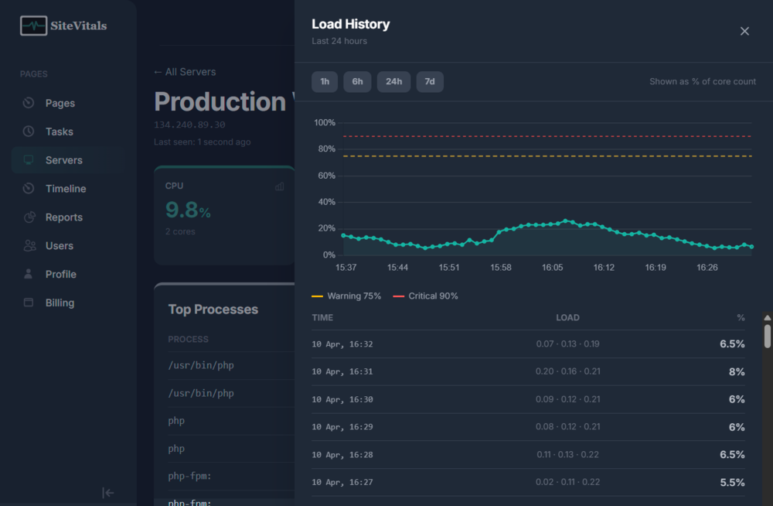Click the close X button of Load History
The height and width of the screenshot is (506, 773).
click(744, 31)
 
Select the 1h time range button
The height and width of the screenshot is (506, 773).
click(325, 82)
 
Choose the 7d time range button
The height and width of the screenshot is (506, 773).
click(430, 82)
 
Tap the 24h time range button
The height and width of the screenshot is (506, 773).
click(393, 82)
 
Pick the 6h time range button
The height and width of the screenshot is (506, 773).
click(357, 82)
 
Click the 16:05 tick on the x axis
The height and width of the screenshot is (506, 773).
click(552, 268)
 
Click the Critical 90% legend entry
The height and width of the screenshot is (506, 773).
click(426, 296)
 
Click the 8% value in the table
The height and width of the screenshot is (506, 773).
click(736, 372)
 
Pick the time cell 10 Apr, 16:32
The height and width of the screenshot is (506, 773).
click(342, 344)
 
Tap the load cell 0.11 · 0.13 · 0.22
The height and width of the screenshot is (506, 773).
click(567, 455)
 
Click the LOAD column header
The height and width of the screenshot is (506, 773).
click(567, 318)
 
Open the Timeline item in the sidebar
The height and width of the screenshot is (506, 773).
click(66, 189)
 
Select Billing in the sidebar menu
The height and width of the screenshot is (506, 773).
click(60, 303)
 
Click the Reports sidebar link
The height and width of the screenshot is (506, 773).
click(63, 217)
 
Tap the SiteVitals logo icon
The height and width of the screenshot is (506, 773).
click(33, 26)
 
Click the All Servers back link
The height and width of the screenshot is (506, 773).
click(185, 72)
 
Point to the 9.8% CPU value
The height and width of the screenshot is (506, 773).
click(188, 210)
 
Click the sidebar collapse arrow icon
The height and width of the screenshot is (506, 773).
click(108, 493)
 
